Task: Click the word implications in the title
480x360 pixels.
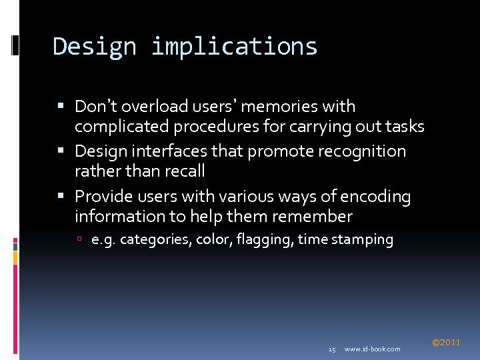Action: [234, 47]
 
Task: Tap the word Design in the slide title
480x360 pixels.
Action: [93, 47]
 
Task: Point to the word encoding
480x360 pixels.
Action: [375, 197]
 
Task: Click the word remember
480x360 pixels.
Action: [311, 216]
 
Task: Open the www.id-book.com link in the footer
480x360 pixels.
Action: [372, 349]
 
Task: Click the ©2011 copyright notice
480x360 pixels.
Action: [445, 343]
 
